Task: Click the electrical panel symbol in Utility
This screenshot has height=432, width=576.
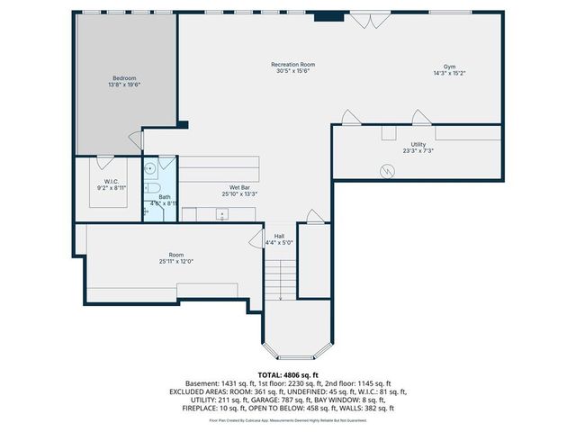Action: pyautogui.click(x=387, y=169)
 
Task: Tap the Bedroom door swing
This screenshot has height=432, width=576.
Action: pyautogui.click(x=136, y=140)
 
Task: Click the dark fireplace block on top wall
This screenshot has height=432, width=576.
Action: pyautogui.click(x=328, y=15)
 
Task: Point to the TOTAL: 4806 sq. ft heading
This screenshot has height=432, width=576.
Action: pyautogui.click(x=288, y=374)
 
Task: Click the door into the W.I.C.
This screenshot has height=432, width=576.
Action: pyautogui.click(x=104, y=162)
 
